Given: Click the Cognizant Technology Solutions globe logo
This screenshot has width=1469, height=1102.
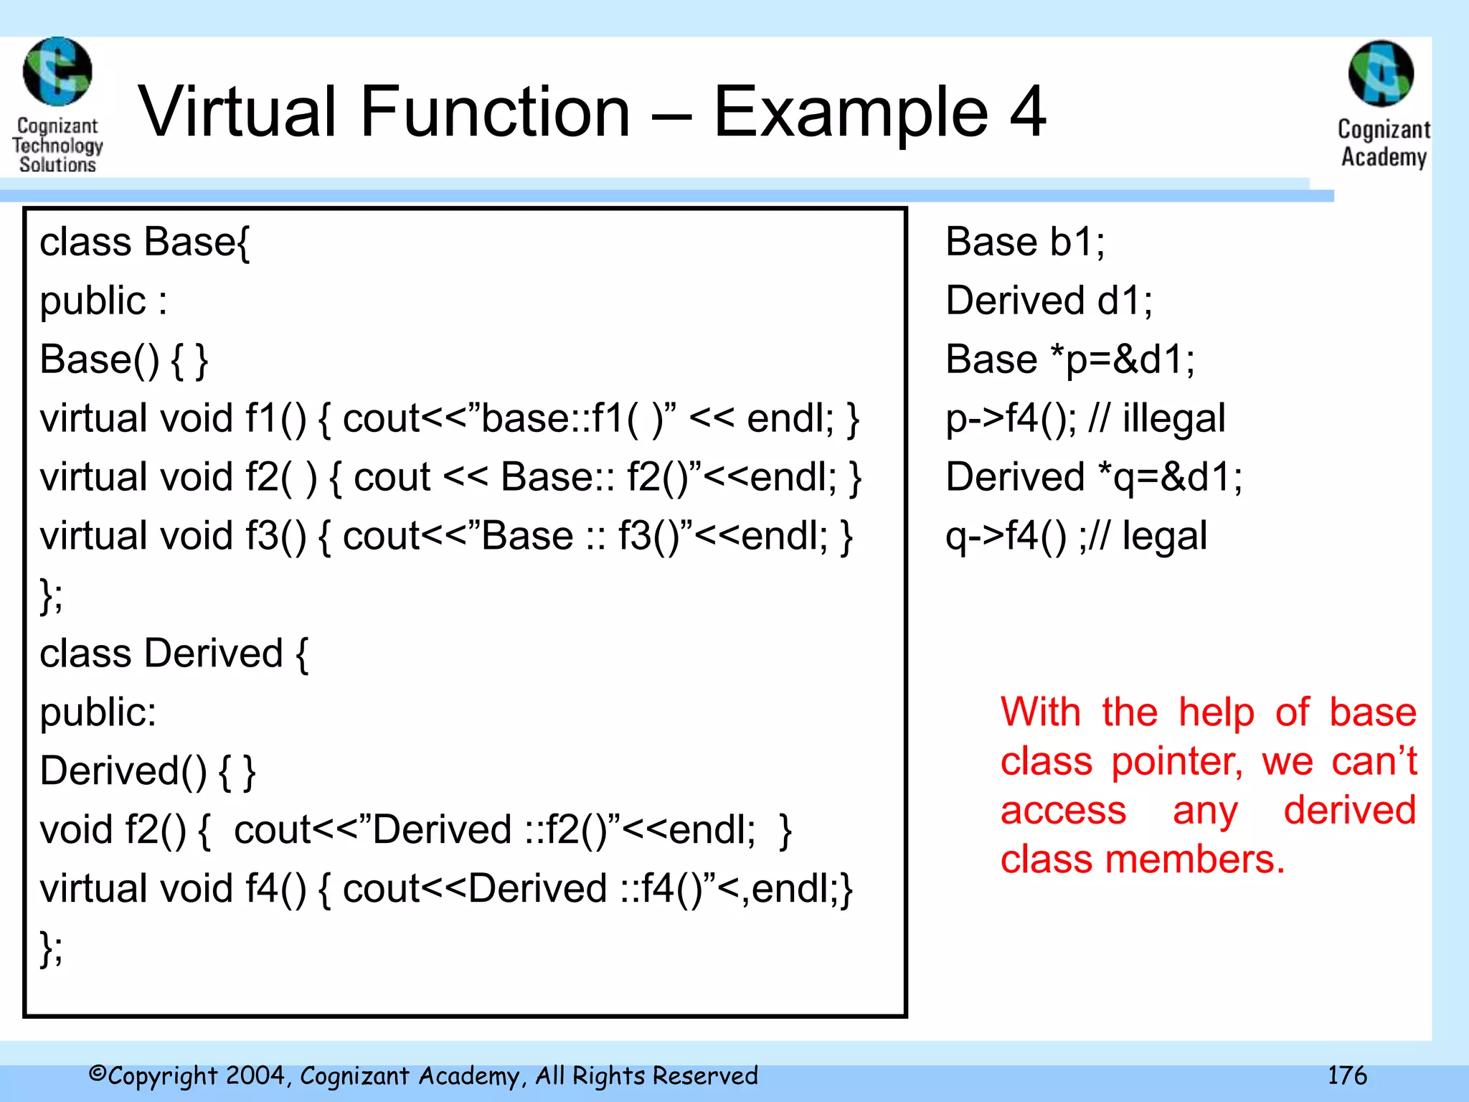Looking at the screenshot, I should click(57, 71).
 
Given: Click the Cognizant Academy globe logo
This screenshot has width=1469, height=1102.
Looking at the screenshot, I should click(1381, 74).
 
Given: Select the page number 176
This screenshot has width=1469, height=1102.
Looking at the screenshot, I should click(1346, 1075).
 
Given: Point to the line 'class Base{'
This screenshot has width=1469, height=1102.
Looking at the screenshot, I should click(144, 242).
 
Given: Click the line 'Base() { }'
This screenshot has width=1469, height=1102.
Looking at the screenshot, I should click(123, 359).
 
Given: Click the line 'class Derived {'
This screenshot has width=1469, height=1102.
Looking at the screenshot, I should click(174, 654).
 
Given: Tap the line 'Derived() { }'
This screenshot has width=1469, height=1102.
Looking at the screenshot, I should click(148, 771).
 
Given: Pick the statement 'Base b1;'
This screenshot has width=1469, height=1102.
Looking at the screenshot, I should click(1025, 242).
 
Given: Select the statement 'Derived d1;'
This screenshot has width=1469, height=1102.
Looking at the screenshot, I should click(1049, 301).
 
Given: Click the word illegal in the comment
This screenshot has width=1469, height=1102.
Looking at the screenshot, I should click(1173, 418).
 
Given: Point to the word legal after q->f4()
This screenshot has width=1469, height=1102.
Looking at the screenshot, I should click(1164, 536).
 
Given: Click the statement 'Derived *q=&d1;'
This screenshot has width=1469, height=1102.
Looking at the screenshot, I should click(1094, 477).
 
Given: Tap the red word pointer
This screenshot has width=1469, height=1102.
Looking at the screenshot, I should click(1176, 762).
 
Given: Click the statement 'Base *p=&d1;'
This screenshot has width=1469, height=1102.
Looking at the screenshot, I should click(1069, 359).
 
